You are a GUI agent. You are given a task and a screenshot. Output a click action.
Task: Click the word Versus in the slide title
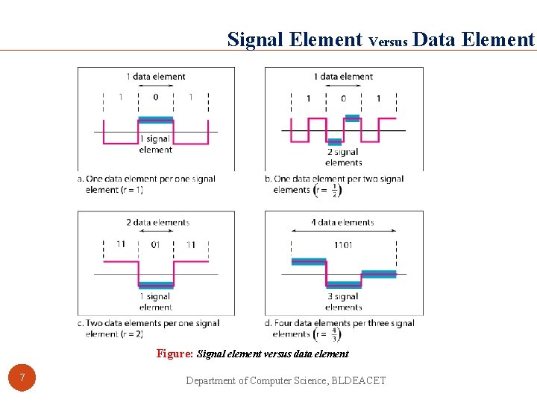coord(388,42)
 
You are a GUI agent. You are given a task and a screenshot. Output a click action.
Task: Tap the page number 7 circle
coord(22,378)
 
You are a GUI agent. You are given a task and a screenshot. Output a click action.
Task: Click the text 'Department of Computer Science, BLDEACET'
coord(286,380)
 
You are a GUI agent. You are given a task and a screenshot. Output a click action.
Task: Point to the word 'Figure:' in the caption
coord(175,354)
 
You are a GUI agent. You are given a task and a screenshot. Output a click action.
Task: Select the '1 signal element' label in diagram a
coord(155,144)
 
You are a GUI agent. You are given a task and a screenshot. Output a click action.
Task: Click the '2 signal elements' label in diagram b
coord(343,157)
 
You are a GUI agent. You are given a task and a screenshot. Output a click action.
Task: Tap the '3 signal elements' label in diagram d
coord(343,301)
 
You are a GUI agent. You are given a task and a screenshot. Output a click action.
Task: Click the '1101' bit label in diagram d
coord(343,245)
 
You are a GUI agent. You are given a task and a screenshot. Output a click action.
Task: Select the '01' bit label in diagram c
coord(155,245)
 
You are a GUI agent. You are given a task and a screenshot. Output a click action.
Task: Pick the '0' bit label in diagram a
coord(155,98)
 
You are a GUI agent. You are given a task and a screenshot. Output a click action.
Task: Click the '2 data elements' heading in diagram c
coord(157,222)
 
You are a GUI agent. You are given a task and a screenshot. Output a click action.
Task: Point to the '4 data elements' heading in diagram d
coord(343,222)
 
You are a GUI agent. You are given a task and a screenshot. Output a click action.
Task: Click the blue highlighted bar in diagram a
coord(155,119)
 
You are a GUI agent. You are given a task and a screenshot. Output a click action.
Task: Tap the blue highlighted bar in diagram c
coord(156,284)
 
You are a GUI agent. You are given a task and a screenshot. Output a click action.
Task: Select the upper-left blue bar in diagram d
coord(308,261)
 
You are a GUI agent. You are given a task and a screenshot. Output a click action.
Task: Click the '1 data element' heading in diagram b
coord(343,77)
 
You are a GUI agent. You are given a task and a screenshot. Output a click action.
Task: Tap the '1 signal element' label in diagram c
coord(155,301)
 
